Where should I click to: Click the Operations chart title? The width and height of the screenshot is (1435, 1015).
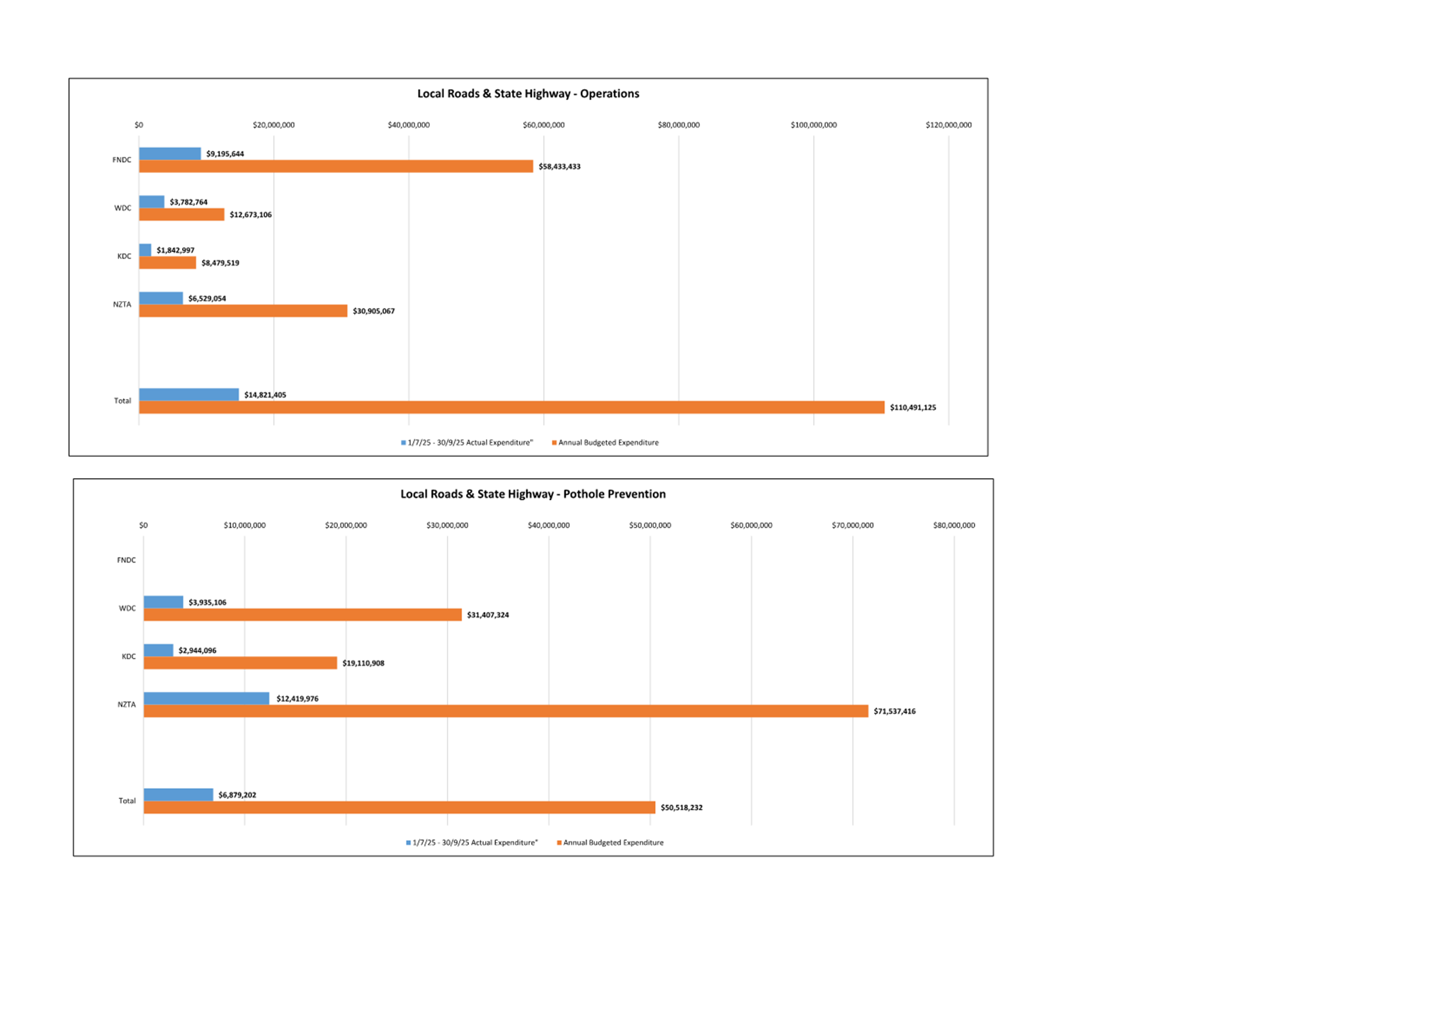click(x=528, y=93)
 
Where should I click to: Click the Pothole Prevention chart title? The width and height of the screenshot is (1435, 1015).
click(x=533, y=494)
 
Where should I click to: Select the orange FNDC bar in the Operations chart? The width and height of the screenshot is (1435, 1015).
click(x=336, y=166)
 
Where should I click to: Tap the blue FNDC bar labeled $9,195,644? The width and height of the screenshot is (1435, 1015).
click(x=170, y=154)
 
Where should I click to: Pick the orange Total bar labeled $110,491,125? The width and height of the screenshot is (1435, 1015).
click(x=511, y=407)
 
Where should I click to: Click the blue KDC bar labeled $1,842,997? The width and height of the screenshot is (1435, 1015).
click(x=145, y=250)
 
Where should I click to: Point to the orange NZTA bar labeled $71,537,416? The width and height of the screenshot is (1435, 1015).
click(x=506, y=711)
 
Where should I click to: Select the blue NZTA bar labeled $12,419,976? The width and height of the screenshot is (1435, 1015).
click(x=206, y=698)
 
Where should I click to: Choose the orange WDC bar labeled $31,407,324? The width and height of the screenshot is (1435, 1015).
click(x=302, y=615)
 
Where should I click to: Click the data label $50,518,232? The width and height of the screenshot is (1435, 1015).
click(x=681, y=807)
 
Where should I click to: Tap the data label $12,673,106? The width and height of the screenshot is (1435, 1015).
click(x=251, y=215)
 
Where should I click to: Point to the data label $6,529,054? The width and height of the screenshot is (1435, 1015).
click(x=207, y=298)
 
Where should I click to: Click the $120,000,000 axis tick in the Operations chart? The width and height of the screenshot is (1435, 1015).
click(x=948, y=125)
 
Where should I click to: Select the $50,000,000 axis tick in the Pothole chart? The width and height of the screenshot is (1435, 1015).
click(x=650, y=525)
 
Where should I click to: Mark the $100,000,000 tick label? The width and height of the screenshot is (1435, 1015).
click(x=813, y=125)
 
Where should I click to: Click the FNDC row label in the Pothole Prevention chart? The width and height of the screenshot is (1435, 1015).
click(x=126, y=560)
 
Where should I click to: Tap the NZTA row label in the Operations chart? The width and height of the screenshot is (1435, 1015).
click(x=122, y=305)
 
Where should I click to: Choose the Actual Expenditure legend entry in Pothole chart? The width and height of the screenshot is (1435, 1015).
click(x=472, y=843)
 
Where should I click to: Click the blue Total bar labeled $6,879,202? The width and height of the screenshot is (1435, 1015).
click(x=178, y=795)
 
